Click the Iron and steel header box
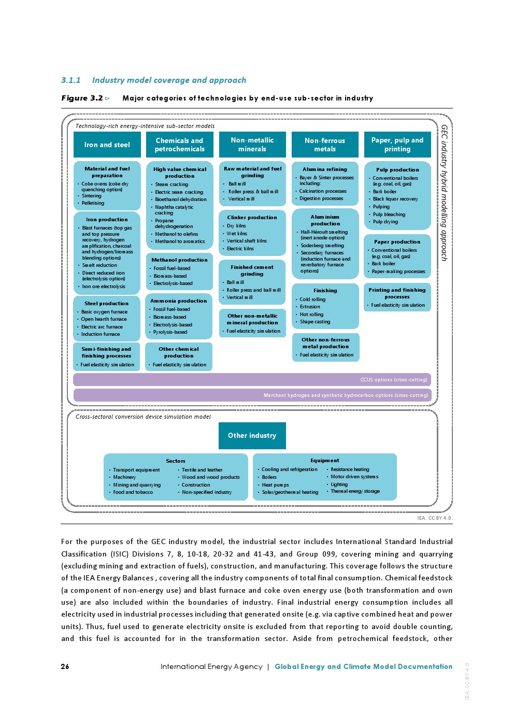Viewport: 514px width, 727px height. pyautogui.click(x=107, y=145)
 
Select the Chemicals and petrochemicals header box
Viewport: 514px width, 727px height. pyautogui.click(x=180, y=145)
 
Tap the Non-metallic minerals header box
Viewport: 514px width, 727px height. pyautogui.click(x=252, y=145)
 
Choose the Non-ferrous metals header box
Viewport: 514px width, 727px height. pyautogui.click(x=325, y=145)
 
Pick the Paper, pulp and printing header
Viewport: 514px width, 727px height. pyautogui.click(x=397, y=145)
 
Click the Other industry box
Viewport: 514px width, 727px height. pyautogui.click(x=252, y=435)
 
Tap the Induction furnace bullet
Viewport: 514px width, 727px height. pyautogui.click(x=100, y=334)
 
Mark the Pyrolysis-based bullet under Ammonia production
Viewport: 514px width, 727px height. pyautogui.click(x=170, y=332)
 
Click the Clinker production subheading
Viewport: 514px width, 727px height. pyautogui.click(x=252, y=218)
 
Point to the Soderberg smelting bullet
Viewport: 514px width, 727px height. pyautogui.click(x=322, y=246)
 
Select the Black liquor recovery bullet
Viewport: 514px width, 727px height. pyautogui.click(x=395, y=199)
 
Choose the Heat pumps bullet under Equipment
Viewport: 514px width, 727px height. pyautogui.click(x=275, y=485)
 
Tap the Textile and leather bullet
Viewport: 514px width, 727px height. pyautogui.click(x=202, y=470)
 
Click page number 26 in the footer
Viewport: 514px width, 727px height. pyautogui.click(x=65, y=666)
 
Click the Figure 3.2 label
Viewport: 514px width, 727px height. pyautogui.click(x=82, y=98)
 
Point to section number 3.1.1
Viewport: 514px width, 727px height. pyautogui.click(x=71, y=80)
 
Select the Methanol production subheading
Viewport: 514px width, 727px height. pyautogui.click(x=179, y=260)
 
